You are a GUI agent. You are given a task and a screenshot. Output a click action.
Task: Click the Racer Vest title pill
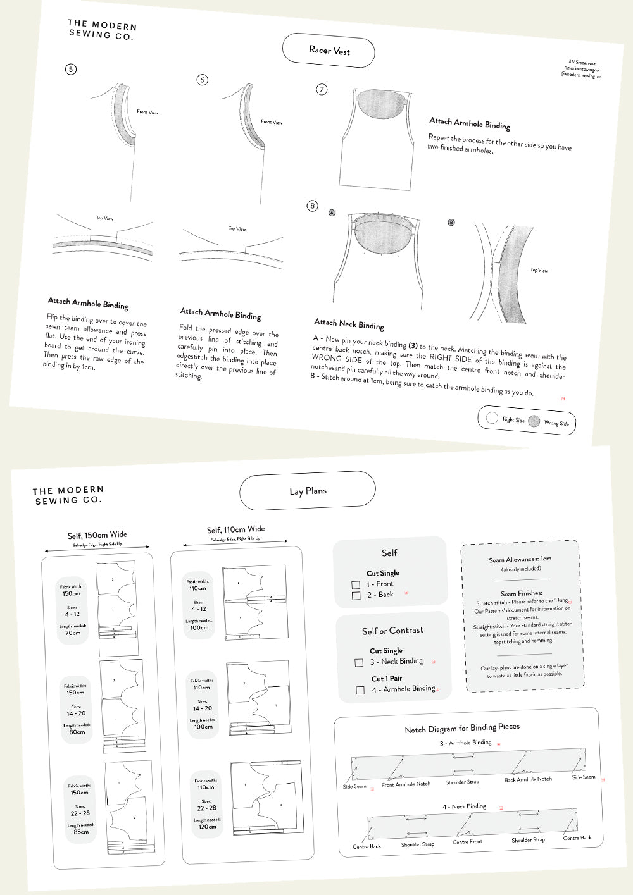(329, 51)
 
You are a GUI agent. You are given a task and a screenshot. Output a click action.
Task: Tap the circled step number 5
(71, 69)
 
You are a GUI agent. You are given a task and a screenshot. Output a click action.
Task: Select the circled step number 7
(322, 89)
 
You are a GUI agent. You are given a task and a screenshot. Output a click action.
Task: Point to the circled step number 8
(312, 206)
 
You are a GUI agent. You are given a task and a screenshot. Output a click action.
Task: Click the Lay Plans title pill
(308, 491)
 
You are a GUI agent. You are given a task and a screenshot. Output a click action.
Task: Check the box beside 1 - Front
(356, 585)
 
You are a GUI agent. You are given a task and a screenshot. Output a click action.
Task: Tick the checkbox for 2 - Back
(356, 596)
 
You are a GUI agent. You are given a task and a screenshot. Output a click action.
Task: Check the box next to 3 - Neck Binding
(359, 663)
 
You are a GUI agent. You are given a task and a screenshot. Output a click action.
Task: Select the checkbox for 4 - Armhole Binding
(360, 690)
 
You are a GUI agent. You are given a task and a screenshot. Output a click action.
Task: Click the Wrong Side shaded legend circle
(534, 421)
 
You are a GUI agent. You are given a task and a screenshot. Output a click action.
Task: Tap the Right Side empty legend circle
(492, 417)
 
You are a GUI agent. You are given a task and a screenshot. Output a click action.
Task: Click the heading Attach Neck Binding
(349, 324)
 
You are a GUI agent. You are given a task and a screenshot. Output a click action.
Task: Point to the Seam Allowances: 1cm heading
(520, 559)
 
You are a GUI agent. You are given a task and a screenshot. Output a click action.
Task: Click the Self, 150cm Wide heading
(97, 535)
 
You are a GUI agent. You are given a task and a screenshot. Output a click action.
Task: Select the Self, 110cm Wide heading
(235, 529)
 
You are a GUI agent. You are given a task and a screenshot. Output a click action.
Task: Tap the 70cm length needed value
(73, 633)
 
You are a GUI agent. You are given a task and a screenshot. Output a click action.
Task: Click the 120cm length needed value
(208, 827)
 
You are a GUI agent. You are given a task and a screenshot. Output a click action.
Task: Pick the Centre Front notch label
(467, 841)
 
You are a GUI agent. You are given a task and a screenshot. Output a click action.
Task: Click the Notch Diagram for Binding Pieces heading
(462, 728)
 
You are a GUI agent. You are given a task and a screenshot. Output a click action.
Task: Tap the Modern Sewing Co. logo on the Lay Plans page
(68, 495)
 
